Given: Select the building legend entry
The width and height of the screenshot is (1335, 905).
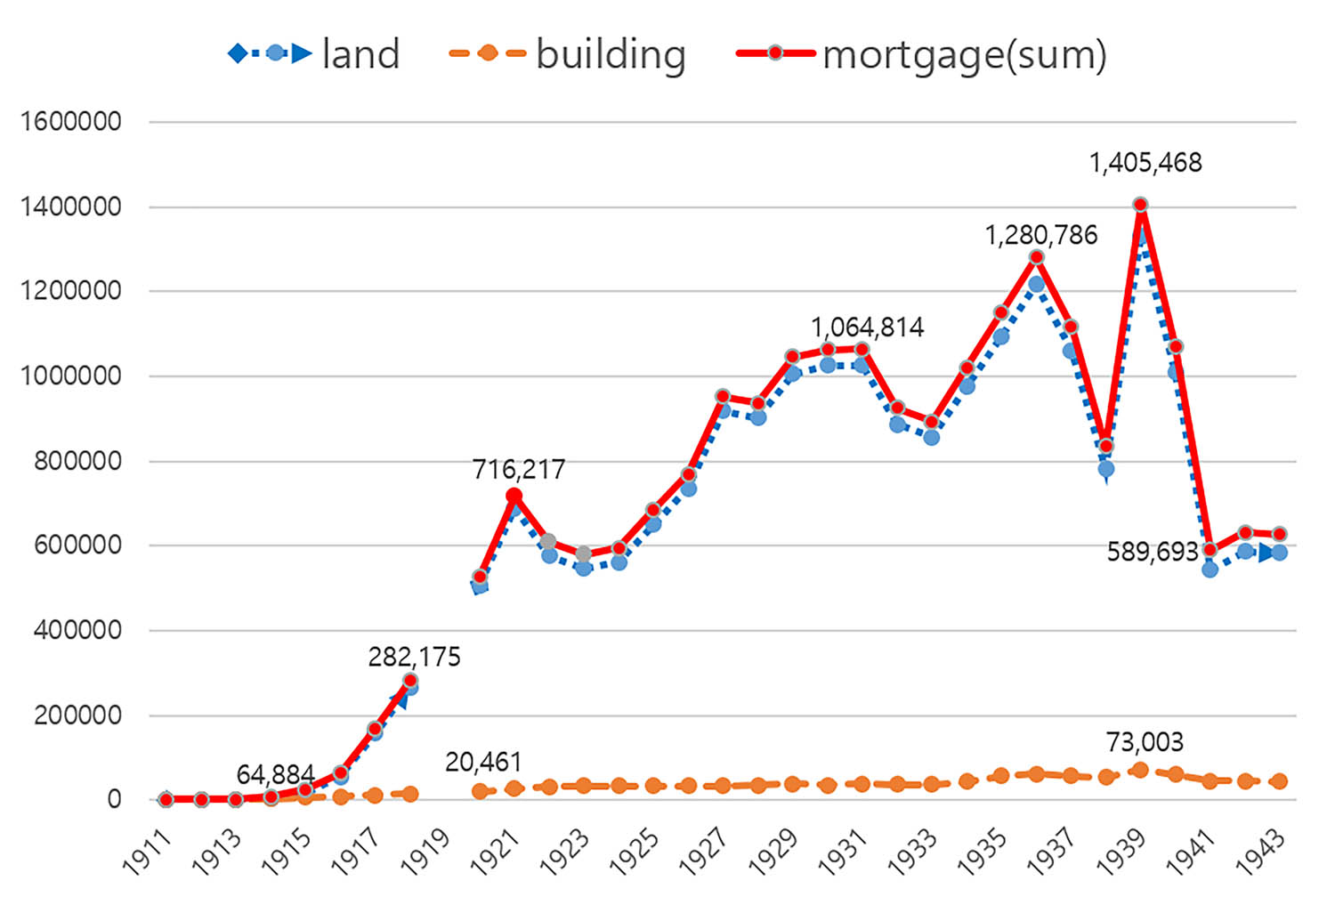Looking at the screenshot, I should [x=569, y=54].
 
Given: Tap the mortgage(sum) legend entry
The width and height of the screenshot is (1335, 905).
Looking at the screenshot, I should [x=922, y=54].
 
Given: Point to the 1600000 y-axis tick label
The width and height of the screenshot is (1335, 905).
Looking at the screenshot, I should [x=71, y=121].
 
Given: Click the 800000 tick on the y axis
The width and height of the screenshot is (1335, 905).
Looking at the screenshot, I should [x=77, y=461].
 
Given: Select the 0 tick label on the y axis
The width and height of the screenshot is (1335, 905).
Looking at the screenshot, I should [x=114, y=799].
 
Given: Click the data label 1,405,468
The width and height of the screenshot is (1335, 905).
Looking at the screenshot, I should [x=1145, y=163].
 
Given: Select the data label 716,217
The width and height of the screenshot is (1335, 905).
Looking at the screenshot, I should [x=519, y=469].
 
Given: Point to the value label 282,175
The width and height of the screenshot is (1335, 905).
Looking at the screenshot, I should [x=415, y=657].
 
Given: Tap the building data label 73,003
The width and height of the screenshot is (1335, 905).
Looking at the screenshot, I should [x=1145, y=741].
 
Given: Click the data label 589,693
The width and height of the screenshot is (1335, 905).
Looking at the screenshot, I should [x=1153, y=552].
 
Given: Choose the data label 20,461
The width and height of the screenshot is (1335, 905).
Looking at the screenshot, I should [x=483, y=762].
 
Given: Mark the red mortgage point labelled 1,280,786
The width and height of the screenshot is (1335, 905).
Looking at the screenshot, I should [x=1036, y=257].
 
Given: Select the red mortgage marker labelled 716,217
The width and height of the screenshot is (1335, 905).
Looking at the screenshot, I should [x=514, y=496].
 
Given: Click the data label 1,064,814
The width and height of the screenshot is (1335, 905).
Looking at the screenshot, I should [x=868, y=327].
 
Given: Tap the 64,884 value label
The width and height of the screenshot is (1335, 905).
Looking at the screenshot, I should [x=275, y=774].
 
